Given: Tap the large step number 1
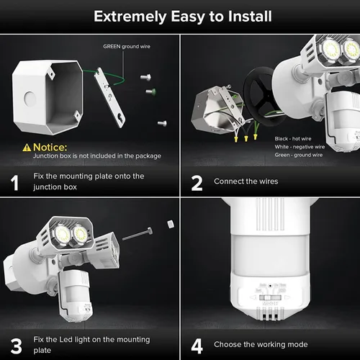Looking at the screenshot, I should point(14,182).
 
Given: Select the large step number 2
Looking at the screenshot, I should point(197,182).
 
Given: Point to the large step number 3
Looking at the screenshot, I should point(14,345).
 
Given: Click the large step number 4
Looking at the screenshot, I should point(197,345).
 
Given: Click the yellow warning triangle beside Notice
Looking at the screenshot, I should point(27,147).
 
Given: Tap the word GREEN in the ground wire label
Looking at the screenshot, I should point(111,47).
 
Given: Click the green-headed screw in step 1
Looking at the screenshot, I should point(150,91).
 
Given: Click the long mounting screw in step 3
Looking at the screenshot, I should point(138,234).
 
